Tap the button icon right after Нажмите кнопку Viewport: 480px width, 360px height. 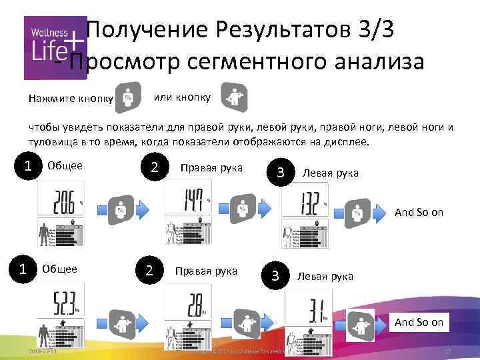tap(127, 97)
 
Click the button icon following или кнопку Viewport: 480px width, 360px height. tap(234, 97)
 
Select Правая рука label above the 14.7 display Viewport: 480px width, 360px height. tap(211, 167)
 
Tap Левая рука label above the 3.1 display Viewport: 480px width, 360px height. tap(325, 276)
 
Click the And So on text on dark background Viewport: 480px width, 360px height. tap(419, 323)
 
